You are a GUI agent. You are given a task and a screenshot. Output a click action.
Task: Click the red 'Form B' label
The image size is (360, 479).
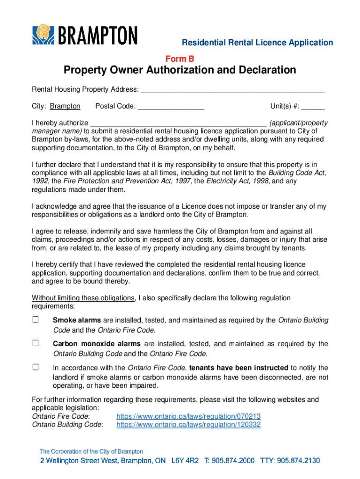click(180, 58)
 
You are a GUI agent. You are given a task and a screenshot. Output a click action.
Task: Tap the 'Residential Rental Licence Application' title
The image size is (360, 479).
click(257, 43)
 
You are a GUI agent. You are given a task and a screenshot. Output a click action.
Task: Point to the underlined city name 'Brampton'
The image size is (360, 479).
click(65, 106)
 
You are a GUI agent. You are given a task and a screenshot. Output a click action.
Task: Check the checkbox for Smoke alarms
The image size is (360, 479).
click(36, 320)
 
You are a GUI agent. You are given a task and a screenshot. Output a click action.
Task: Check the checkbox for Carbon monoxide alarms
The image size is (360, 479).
click(36, 343)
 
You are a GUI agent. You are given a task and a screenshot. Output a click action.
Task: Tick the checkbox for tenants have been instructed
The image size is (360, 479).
click(36, 367)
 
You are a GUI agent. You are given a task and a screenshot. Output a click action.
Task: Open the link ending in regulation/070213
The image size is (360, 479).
click(188, 416)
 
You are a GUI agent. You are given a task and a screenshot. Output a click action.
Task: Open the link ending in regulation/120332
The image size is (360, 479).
click(188, 425)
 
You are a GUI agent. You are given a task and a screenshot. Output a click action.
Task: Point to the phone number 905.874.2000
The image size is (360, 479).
click(233, 461)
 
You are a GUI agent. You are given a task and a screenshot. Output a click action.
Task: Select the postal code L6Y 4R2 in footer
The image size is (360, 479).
click(185, 461)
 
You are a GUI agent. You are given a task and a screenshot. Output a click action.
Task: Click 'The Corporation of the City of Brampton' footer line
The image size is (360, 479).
click(91, 451)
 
